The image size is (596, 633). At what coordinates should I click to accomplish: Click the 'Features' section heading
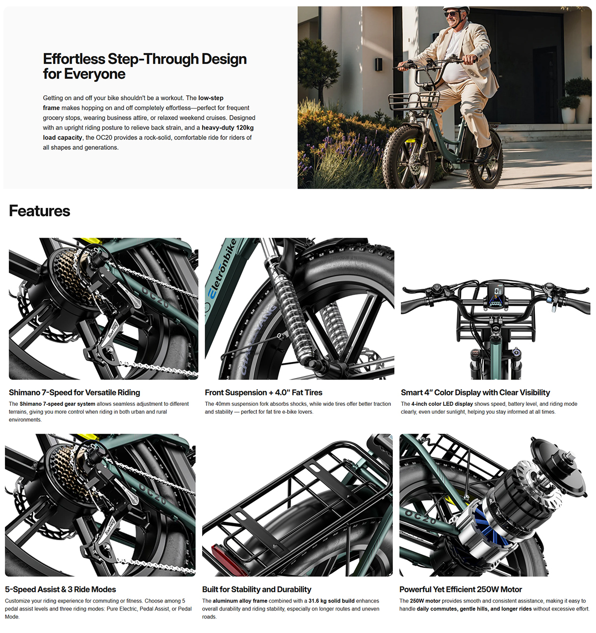39,211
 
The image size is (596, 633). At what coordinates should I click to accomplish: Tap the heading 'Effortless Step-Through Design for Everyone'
145,66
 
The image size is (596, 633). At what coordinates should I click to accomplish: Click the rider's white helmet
456,9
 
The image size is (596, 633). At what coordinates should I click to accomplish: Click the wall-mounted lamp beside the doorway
378,64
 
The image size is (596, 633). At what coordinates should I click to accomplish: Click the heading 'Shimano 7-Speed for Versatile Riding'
74,392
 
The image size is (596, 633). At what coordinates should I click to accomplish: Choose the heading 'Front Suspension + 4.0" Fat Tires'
263,392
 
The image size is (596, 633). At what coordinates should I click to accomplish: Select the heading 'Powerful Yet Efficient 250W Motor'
460,589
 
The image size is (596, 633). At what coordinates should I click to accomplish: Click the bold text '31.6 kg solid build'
331,601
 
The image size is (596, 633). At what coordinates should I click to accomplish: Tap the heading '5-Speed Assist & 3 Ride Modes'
60,589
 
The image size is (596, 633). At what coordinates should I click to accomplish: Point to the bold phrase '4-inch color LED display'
442,404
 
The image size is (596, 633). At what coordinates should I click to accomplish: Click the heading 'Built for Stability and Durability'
257,589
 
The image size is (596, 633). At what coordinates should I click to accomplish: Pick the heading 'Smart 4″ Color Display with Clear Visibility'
475,392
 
